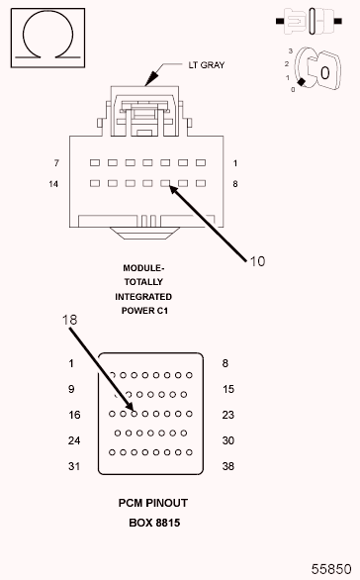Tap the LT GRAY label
click(207, 65)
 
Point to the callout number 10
click(257, 261)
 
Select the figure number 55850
click(332, 569)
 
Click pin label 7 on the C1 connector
click(57, 162)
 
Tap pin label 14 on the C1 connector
click(55, 184)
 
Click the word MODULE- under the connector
click(143, 267)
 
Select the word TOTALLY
click(143, 282)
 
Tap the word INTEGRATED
click(143, 297)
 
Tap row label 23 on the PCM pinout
click(227, 416)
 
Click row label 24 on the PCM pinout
click(71, 441)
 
